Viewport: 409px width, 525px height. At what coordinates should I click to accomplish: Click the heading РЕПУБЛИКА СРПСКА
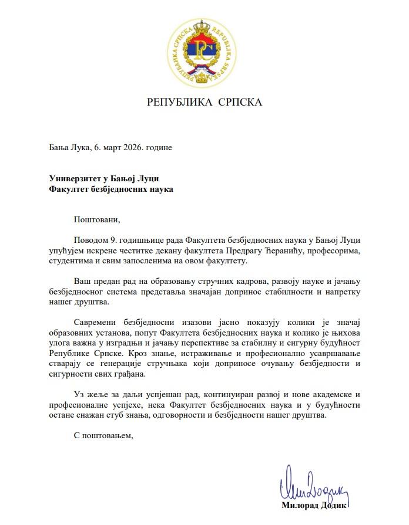[204, 103]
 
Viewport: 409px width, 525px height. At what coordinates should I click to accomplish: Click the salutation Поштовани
[96, 221]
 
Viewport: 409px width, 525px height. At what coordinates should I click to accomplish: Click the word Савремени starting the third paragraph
[97, 323]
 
